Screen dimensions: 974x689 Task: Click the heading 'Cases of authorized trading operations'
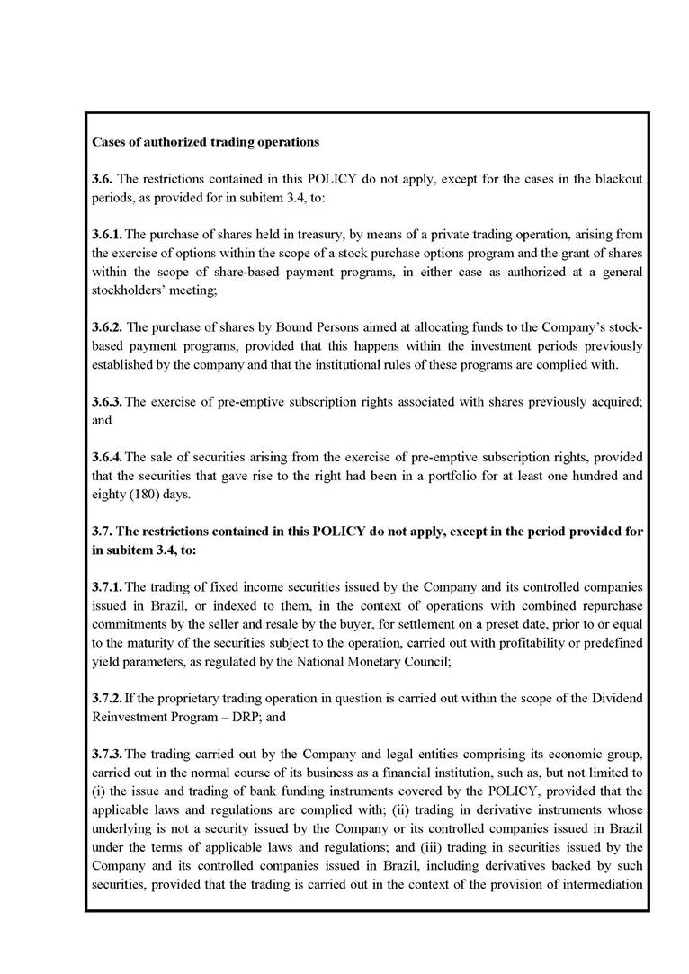pyautogui.click(x=205, y=142)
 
